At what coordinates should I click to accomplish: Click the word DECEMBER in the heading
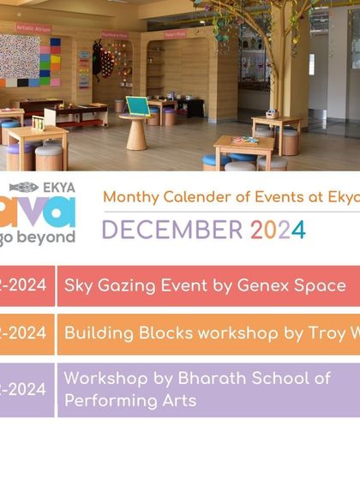[x=172, y=230]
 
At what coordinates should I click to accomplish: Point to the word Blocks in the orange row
[x=157, y=333]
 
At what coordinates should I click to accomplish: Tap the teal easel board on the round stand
[x=137, y=105]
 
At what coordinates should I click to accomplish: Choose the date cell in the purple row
[x=26, y=389]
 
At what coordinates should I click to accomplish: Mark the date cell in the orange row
[x=26, y=333]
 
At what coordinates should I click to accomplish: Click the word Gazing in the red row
[x=136, y=285]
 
